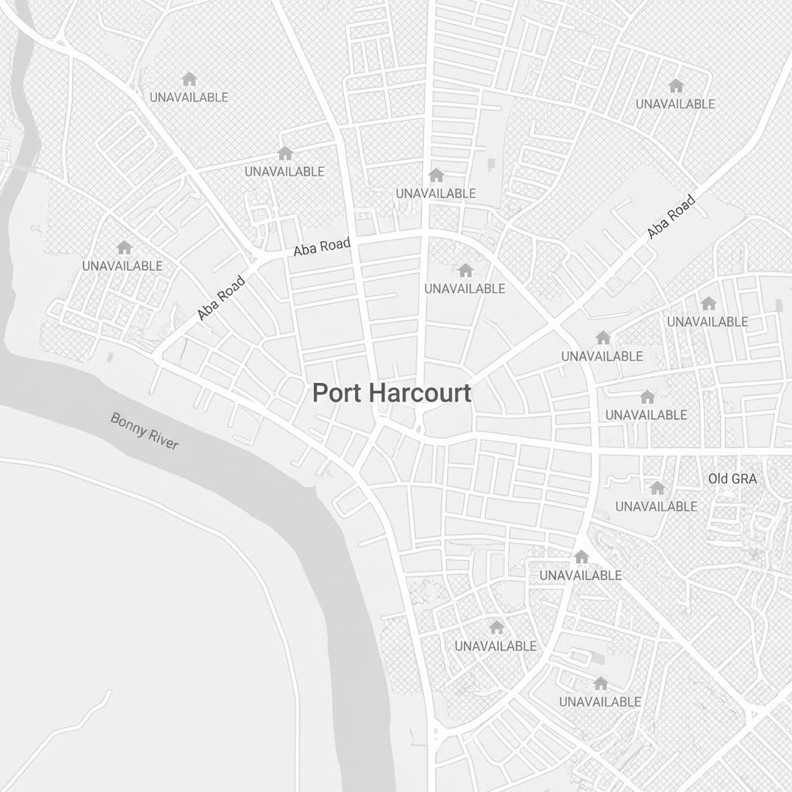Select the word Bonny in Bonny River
[128, 424]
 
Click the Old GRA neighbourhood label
[732, 479]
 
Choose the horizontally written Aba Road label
[322, 247]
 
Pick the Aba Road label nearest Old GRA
[671, 217]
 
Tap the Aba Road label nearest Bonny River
[221, 298]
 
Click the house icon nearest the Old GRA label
[657, 488]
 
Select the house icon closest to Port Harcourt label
[465, 270]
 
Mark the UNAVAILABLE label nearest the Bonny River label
[122, 265]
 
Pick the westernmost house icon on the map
[124, 247]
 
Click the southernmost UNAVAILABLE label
[600, 702]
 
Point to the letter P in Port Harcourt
[319, 393]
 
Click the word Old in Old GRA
[718, 479]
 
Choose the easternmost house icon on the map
[708, 303]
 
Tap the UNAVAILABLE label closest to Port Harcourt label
[465, 288]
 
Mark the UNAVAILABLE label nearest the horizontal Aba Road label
[285, 171]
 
